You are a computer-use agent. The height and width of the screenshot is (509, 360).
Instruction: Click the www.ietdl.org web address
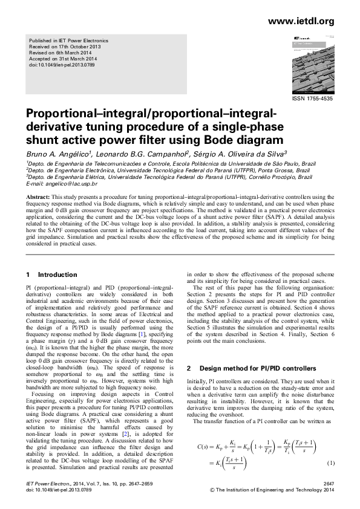(300, 22)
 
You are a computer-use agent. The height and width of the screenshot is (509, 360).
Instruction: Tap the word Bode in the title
(243, 140)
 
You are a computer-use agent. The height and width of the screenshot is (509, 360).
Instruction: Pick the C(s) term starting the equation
(206, 447)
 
